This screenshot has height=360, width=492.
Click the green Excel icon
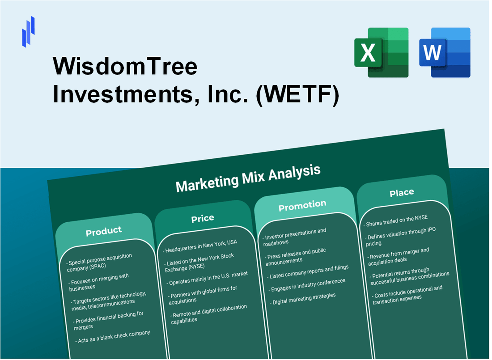click(x=381, y=52)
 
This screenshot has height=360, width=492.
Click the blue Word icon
click(x=445, y=52)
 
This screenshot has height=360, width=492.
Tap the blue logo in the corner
click(x=28, y=31)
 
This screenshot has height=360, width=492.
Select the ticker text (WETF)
click(x=297, y=95)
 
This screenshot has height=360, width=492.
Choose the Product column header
click(x=104, y=231)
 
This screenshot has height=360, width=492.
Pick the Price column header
click(x=203, y=218)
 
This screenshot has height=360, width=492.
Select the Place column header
click(x=402, y=193)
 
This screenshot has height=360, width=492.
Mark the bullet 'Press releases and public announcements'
click(x=295, y=256)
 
